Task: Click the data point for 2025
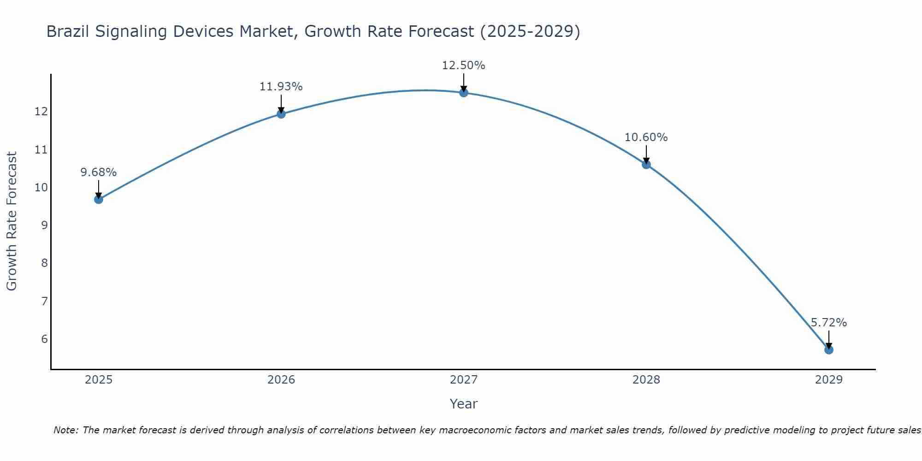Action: [98, 199]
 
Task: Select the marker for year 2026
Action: [281, 114]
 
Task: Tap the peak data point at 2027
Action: [464, 93]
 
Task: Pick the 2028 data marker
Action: [646, 165]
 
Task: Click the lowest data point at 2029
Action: [829, 350]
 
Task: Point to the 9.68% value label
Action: [98, 172]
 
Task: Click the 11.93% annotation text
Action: [281, 87]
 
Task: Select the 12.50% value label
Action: [464, 65]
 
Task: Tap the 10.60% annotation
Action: [646, 137]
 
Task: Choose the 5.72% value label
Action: [829, 323]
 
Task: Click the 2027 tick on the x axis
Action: [464, 380]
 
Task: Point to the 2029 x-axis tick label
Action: [829, 380]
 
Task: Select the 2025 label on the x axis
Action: [99, 380]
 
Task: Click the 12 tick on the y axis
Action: [41, 112]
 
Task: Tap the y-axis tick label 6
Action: [44, 339]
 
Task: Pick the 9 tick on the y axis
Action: [44, 225]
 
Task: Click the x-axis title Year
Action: [464, 404]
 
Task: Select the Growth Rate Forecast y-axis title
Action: [12, 221]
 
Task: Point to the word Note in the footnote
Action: [66, 431]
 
